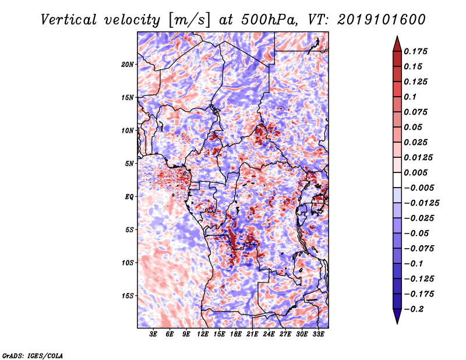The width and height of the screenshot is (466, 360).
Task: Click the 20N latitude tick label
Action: pyautogui.click(x=128, y=65)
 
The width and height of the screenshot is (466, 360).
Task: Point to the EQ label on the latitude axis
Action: pyautogui.click(x=129, y=197)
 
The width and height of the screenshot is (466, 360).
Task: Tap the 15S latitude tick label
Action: pyautogui.click(x=128, y=296)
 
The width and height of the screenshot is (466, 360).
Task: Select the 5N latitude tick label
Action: pyautogui.click(x=129, y=164)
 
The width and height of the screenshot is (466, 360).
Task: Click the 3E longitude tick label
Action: pyautogui.click(x=153, y=334)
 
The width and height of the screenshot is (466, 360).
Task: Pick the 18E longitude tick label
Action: pyautogui.click(x=236, y=334)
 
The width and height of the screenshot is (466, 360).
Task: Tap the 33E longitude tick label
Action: pyautogui.click(x=318, y=334)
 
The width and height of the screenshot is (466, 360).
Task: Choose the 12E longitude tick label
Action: pyautogui.click(x=203, y=334)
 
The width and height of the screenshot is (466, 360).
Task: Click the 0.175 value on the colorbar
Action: pyautogui.click(x=415, y=51)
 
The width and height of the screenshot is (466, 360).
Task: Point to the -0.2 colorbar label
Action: pyautogui.click(x=414, y=309)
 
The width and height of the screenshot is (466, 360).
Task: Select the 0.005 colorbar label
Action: pyautogui.click(x=415, y=172)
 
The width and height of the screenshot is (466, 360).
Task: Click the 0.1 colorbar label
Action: pyautogui.click(x=410, y=97)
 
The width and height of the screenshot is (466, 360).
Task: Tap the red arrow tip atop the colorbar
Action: pyautogui.click(x=397, y=37)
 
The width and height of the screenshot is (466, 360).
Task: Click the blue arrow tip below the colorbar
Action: pyautogui.click(x=397, y=323)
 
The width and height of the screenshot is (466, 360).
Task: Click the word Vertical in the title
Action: pyautogui.click(x=69, y=20)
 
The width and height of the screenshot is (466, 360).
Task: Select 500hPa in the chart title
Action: pyautogui.click(x=269, y=20)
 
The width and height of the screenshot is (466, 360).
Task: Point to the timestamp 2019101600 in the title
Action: pyautogui.click(x=382, y=20)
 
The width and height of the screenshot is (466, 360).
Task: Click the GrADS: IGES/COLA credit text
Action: pyautogui.click(x=33, y=355)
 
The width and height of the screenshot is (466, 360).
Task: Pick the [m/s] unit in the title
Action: pyautogui.click(x=189, y=20)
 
